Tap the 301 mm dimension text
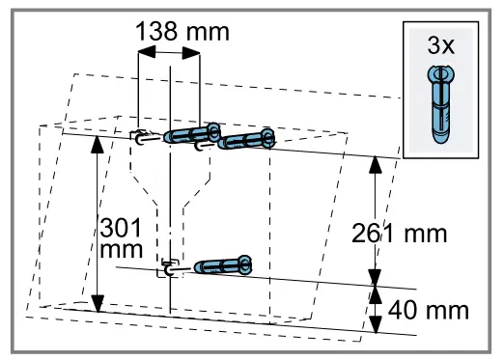tap(121, 240)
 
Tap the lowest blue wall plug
tap(223, 264)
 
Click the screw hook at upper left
tap(141, 137)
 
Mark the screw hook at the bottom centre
tap(169, 269)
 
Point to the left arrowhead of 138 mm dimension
tap(146, 53)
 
